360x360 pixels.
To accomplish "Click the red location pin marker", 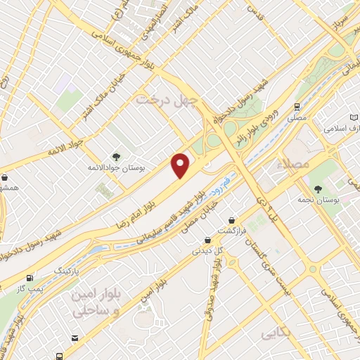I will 181,165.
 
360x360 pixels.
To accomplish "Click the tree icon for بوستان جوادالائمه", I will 115,157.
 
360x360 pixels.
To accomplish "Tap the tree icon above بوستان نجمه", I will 319,188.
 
